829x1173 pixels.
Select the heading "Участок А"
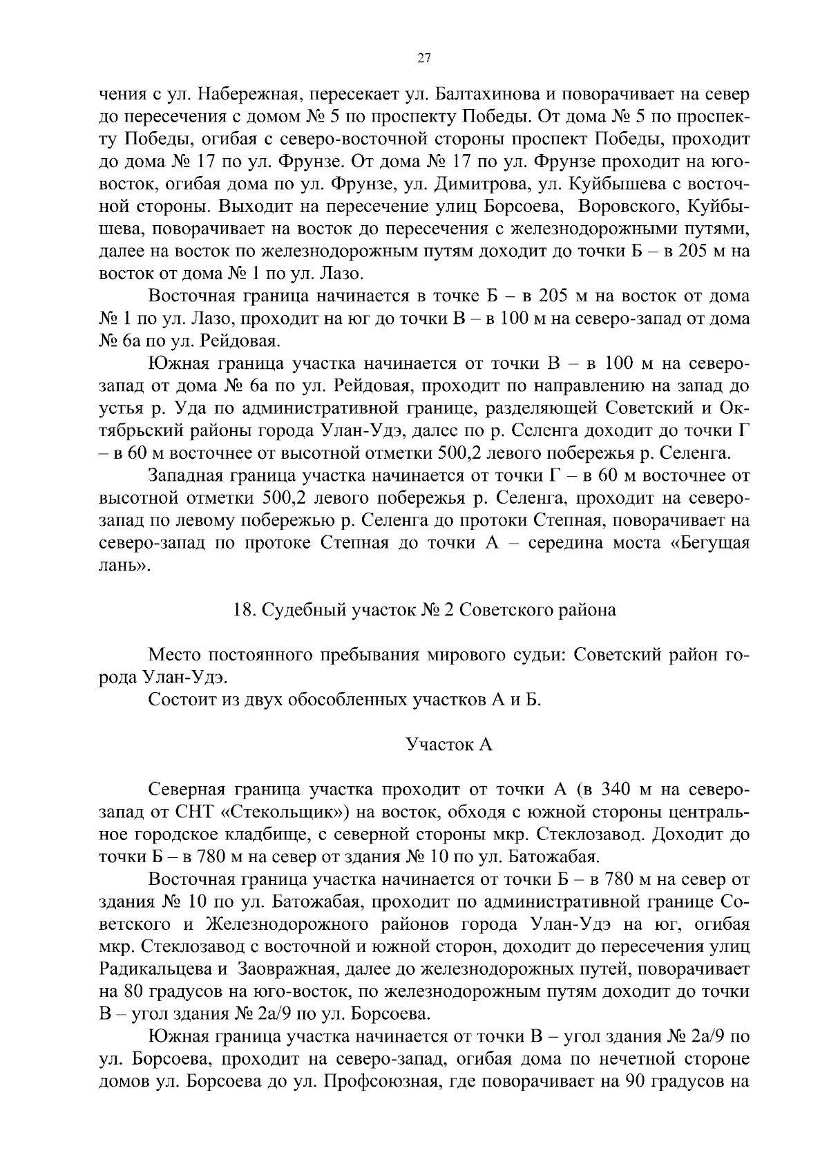click(449, 745)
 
